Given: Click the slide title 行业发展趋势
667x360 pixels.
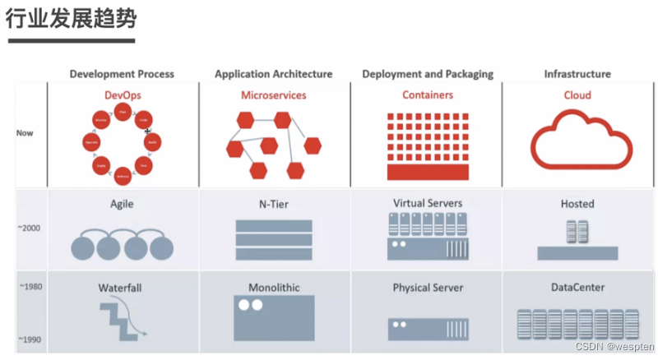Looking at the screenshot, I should point(72,20).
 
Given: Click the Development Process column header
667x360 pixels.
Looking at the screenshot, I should point(122,74).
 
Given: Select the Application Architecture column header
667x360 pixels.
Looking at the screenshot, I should point(273,74).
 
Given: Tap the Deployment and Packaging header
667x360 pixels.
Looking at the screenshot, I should point(428,74).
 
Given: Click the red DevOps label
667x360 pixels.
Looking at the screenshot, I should point(123,95).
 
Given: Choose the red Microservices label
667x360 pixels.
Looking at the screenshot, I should point(273,95).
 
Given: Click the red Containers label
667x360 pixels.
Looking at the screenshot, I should point(428,95).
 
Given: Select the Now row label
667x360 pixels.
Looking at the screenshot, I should point(25,132).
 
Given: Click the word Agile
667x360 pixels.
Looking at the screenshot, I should point(122,204).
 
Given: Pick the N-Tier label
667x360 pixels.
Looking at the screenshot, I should point(273,204).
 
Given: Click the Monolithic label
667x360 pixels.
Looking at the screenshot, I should point(274,288).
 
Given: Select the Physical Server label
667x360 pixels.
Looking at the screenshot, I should point(428,288).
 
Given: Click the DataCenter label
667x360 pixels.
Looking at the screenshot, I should point(577,288).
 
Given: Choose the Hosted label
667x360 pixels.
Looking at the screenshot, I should point(577,204).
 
